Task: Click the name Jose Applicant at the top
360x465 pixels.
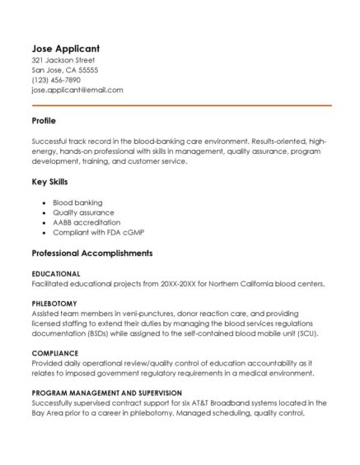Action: point(65,48)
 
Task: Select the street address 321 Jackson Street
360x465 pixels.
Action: point(63,60)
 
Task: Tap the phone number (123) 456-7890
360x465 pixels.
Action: point(56,80)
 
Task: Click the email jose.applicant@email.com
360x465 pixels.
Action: point(77,90)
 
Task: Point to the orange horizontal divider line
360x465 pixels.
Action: point(181,105)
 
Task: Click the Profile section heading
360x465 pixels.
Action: point(44,121)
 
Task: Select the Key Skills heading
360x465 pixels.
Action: point(49,182)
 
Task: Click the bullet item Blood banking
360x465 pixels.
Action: point(77,202)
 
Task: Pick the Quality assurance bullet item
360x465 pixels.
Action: point(83,212)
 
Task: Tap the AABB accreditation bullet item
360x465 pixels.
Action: point(86,222)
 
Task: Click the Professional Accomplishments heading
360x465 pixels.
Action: point(91,253)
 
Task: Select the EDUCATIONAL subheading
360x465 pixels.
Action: point(56,273)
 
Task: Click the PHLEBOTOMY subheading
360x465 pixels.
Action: point(54,304)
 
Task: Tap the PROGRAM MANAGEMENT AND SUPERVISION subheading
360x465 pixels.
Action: point(106,393)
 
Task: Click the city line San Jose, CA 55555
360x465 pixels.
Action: point(64,70)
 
